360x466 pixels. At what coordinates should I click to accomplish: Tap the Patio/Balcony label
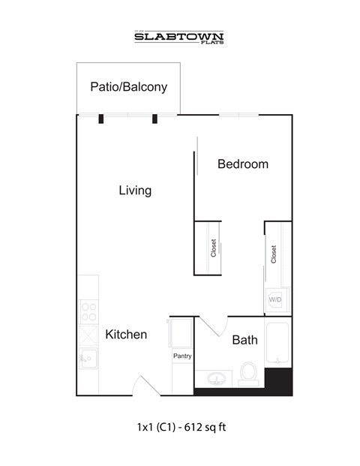click(x=128, y=87)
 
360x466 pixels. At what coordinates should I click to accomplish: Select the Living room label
click(x=135, y=191)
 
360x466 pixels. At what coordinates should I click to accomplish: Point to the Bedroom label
click(x=243, y=164)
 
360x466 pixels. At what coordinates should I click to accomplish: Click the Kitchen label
click(x=126, y=335)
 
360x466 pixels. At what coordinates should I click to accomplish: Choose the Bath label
click(x=244, y=340)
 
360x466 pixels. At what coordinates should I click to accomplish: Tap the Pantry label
click(x=182, y=356)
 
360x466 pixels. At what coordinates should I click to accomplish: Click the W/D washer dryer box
click(x=275, y=299)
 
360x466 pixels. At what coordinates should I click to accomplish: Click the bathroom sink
click(x=216, y=376)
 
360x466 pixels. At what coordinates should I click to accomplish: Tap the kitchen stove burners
click(x=88, y=310)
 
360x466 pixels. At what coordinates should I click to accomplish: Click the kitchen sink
click(x=88, y=359)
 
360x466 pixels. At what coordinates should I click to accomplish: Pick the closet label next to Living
click(x=214, y=248)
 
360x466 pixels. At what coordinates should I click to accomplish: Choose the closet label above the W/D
click(x=274, y=255)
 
